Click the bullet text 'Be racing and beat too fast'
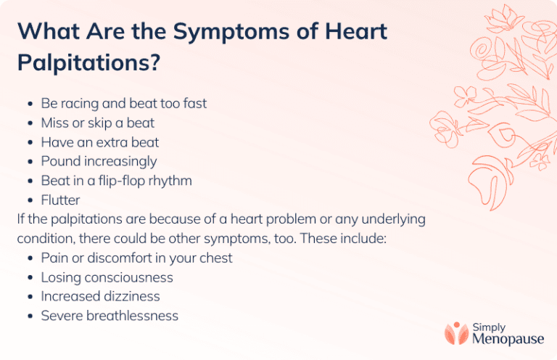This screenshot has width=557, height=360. tap(123, 104)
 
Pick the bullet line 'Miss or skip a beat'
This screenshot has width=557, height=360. tap(97, 123)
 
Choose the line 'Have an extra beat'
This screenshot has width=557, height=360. tap(99, 142)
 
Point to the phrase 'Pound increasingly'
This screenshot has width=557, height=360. tap(99, 161)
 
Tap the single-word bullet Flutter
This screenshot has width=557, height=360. tap(60, 200)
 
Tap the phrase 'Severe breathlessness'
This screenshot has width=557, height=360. tap(110, 316)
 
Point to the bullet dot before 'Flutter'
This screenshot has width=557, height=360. tap(29, 200)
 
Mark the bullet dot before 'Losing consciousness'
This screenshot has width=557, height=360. tap(29, 278)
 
